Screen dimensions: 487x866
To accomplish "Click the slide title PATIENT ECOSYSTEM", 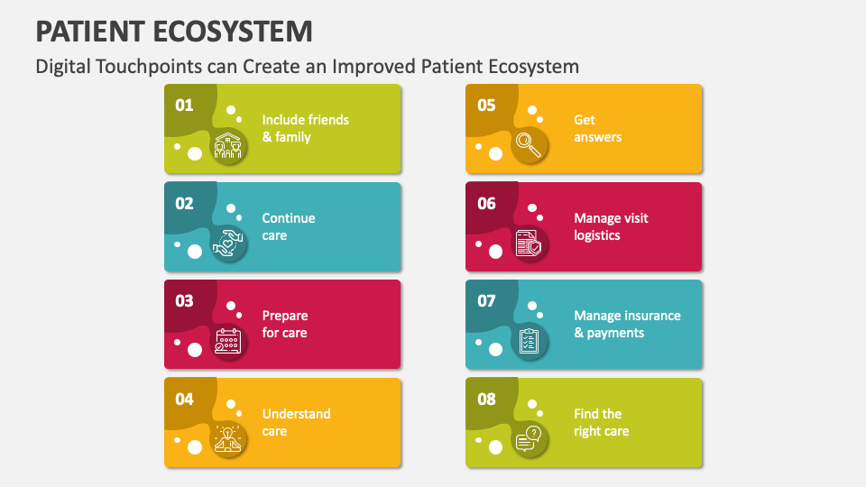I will (174, 31).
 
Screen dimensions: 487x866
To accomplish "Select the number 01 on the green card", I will (184, 105).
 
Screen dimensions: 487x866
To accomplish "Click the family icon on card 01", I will (228, 146).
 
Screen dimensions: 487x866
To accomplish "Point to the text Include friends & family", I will (305, 128).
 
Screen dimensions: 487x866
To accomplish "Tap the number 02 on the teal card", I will (184, 203).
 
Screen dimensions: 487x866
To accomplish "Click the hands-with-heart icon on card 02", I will (228, 244).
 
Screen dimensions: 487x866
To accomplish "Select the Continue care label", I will (289, 226).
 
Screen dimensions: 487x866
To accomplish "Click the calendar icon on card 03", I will (228, 342).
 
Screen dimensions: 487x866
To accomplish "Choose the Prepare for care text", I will (285, 324).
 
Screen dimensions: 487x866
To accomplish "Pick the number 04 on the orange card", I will (184, 399).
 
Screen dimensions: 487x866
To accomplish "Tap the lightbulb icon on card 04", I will (228, 440).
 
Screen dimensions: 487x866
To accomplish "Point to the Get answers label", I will (597, 128).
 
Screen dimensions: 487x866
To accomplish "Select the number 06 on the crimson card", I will (486, 203).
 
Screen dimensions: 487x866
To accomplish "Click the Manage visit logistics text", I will (611, 226).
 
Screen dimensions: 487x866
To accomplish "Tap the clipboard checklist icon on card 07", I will (529, 342).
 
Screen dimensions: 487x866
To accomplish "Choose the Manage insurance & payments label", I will (627, 324).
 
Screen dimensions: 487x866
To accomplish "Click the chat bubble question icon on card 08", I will (529, 440).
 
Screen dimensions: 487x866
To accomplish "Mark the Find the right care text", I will (601, 422).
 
